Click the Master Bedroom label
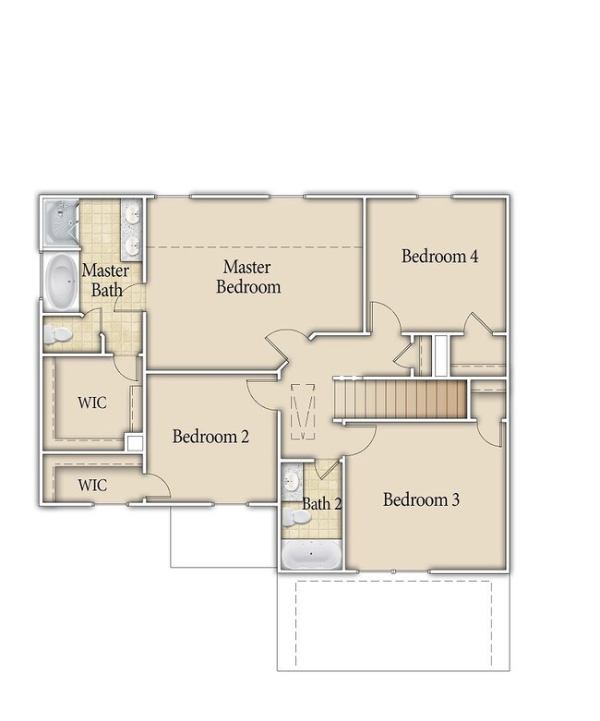point(248,277)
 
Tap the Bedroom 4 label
point(439,256)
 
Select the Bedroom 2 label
point(210,437)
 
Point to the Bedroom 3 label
point(421,499)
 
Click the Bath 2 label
point(322,504)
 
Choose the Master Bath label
point(106,280)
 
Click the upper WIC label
point(92,403)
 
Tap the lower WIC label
point(92,485)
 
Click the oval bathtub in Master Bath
point(62,281)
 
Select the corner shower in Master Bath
point(61,223)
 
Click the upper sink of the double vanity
point(133,213)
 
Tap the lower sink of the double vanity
point(133,244)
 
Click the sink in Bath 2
point(291,481)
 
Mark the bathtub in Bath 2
point(311,554)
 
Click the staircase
point(401,399)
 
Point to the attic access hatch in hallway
point(303,411)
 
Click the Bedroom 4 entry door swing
point(386,318)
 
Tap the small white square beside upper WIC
point(135,443)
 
